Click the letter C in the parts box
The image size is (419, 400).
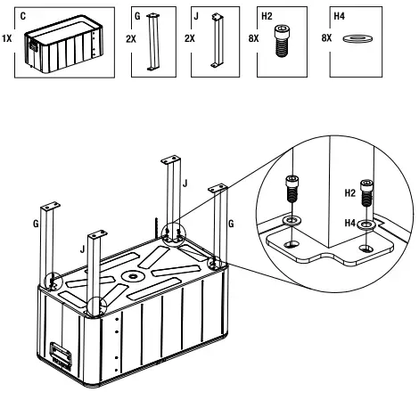(x=23, y=16)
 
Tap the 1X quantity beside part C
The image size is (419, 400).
(x=7, y=38)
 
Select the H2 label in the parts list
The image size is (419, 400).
(x=267, y=16)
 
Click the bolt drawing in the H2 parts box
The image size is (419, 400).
(x=281, y=41)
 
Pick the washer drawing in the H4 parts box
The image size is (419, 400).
(x=357, y=38)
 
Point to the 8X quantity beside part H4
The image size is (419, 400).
(x=326, y=38)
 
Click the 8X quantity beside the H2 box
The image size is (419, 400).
(x=253, y=38)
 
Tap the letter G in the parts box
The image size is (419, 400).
(x=137, y=16)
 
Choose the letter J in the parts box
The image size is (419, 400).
(x=196, y=16)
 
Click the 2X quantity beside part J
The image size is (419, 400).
(x=190, y=38)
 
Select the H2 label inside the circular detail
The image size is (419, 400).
(x=349, y=193)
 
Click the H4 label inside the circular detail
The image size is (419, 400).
(x=349, y=223)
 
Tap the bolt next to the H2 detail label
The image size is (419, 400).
(x=366, y=193)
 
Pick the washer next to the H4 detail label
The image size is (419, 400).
(x=367, y=224)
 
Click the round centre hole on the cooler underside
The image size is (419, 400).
(x=133, y=277)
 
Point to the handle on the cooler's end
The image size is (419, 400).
(x=61, y=355)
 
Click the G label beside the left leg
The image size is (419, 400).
(x=36, y=224)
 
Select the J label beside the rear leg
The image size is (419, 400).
(x=185, y=184)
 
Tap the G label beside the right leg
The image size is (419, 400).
(x=231, y=224)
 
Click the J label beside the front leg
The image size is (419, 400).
(x=82, y=249)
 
